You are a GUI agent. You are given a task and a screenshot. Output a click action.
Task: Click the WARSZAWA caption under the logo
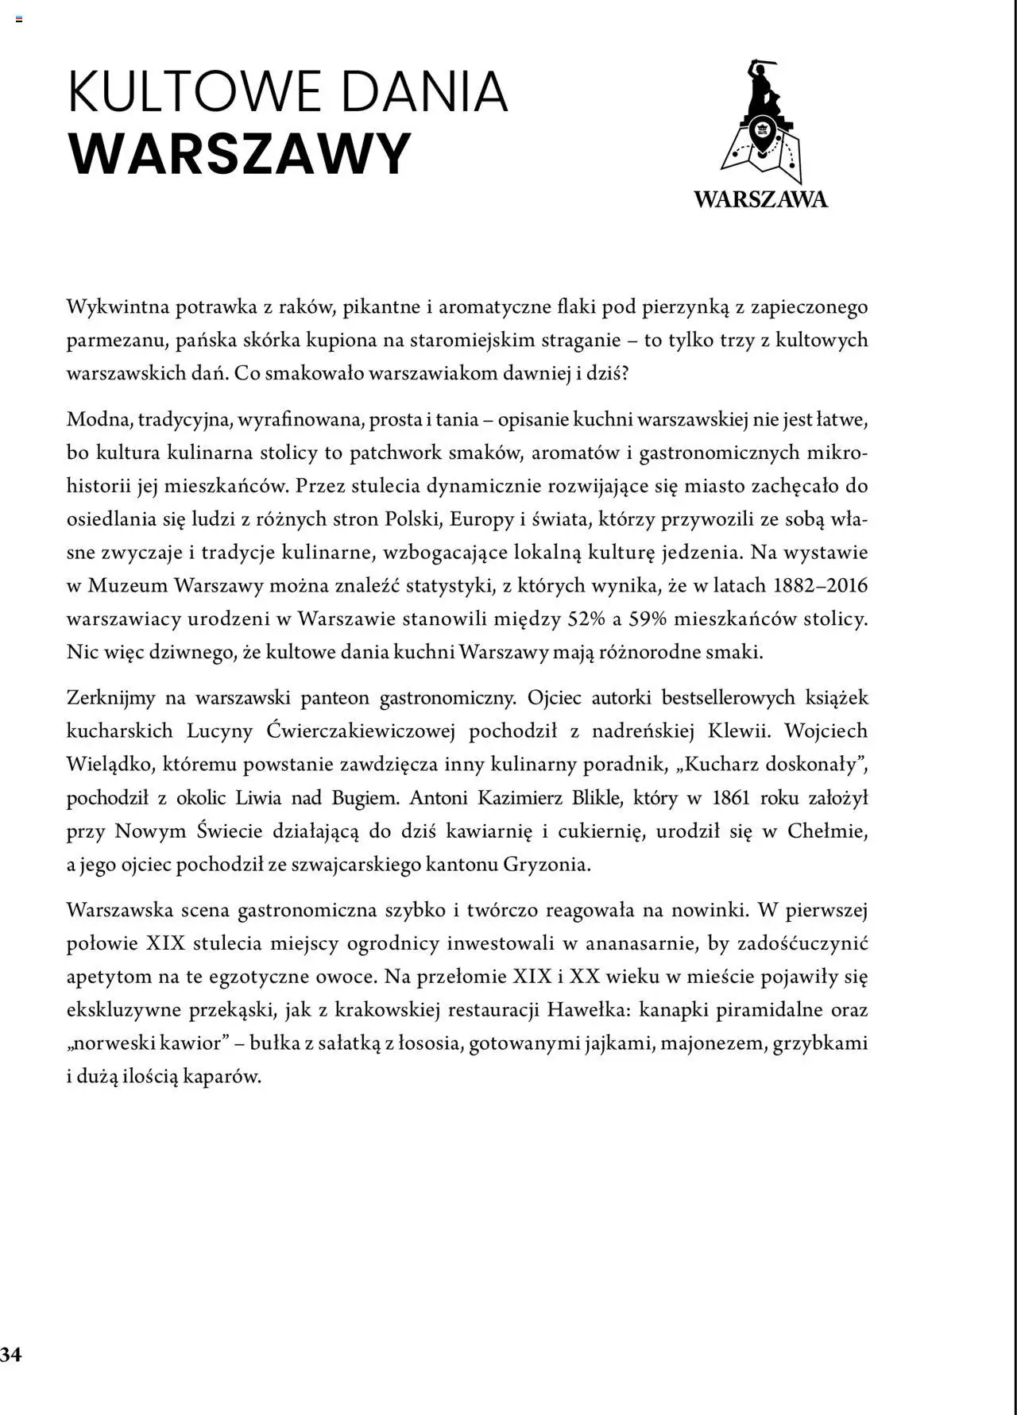(x=760, y=199)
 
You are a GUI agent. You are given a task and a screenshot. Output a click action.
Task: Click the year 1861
(x=730, y=797)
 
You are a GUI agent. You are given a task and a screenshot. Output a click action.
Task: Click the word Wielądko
(x=111, y=764)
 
